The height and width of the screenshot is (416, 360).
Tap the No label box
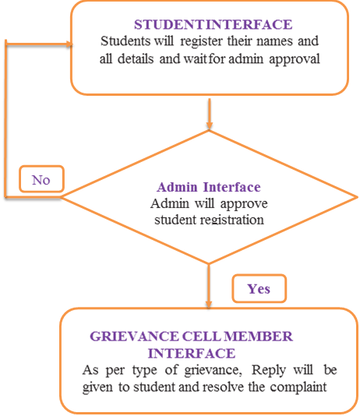click(x=41, y=180)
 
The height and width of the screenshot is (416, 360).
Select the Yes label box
click(x=259, y=288)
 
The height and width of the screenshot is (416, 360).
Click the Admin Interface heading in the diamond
click(x=208, y=187)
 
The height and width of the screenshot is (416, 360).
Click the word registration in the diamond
click(x=231, y=220)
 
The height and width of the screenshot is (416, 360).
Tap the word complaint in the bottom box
click(x=294, y=386)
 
